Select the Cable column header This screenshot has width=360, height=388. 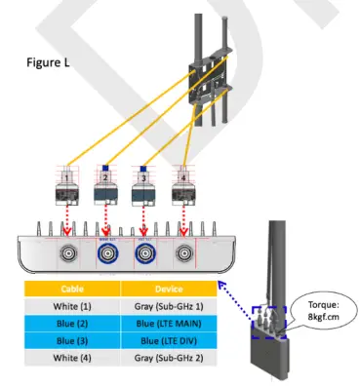71,290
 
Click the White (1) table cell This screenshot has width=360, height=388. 71,306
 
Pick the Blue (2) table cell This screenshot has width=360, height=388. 71,324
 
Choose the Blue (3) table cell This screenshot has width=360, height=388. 71,341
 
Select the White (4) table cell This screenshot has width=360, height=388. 71,359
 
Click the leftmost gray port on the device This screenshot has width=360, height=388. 69,255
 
